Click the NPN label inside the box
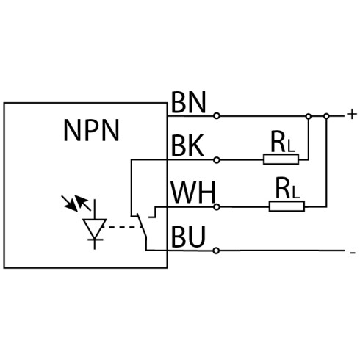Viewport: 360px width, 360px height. click(x=91, y=130)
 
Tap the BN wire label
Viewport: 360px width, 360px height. click(x=188, y=102)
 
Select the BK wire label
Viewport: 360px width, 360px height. click(x=187, y=146)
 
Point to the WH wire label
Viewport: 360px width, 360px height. click(x=193, y=192)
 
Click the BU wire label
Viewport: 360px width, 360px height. click(x=188, y=237)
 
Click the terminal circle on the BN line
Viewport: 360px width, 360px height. click(x=217, y=116)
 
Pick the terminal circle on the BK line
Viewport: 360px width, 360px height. click(x=217, y=160)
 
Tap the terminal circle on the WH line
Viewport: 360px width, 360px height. click(x=217, y=207)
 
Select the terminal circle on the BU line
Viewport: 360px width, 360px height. click(x=216, y=251)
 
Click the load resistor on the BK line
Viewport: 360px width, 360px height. click(x=281, y=159)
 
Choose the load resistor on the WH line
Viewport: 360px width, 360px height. click(x=287, y=206)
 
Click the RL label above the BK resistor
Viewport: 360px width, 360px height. click(x=283, y=142)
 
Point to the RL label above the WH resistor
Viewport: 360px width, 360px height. click(x=287, y=188)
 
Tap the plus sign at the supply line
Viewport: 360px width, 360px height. click(x=352, y=115)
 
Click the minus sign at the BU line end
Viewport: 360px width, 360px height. click(x=353, y=253)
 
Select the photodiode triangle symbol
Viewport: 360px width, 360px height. click(x=95, y=228)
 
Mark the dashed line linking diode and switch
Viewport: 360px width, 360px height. click(x=122, y=227)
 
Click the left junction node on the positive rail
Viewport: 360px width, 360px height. click(x=309, y=116)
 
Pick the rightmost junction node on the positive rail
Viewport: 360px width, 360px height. click(x=326, y=116)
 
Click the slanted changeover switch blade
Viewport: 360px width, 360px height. click(x=142, y=226)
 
